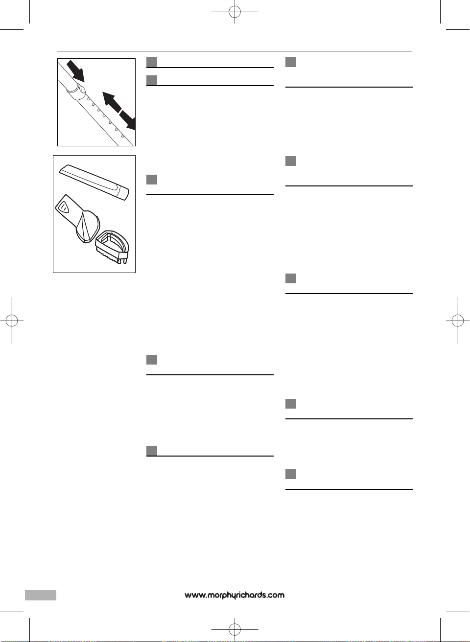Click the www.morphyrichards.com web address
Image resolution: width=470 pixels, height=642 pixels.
click(x=235, y=595)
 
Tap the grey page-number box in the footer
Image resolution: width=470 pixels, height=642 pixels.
click(x=41, y=595)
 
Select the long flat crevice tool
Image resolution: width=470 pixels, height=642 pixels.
click(x=94, y=182)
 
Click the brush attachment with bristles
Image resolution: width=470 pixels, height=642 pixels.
click(x=112, y=247)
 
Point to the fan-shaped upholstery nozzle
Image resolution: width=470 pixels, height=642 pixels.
click(x=77, y=219)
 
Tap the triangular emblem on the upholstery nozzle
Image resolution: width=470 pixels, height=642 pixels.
click(x=63, y=207)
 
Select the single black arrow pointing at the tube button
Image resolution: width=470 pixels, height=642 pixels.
click(x=75, y=71)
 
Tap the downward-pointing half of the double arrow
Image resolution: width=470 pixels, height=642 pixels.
click(x=128, y=120)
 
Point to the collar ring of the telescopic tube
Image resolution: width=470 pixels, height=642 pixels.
click(x=74, y=91)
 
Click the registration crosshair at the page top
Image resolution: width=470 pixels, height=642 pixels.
click(x=235, y=12)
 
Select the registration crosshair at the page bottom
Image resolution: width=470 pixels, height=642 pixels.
click(x=235, y=630)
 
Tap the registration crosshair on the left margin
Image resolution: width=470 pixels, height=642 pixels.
click(x=12, y=321)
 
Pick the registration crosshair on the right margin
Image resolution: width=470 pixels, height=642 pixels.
click(x=458, y=321)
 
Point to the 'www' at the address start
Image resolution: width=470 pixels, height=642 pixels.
click(x=194, y=596)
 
